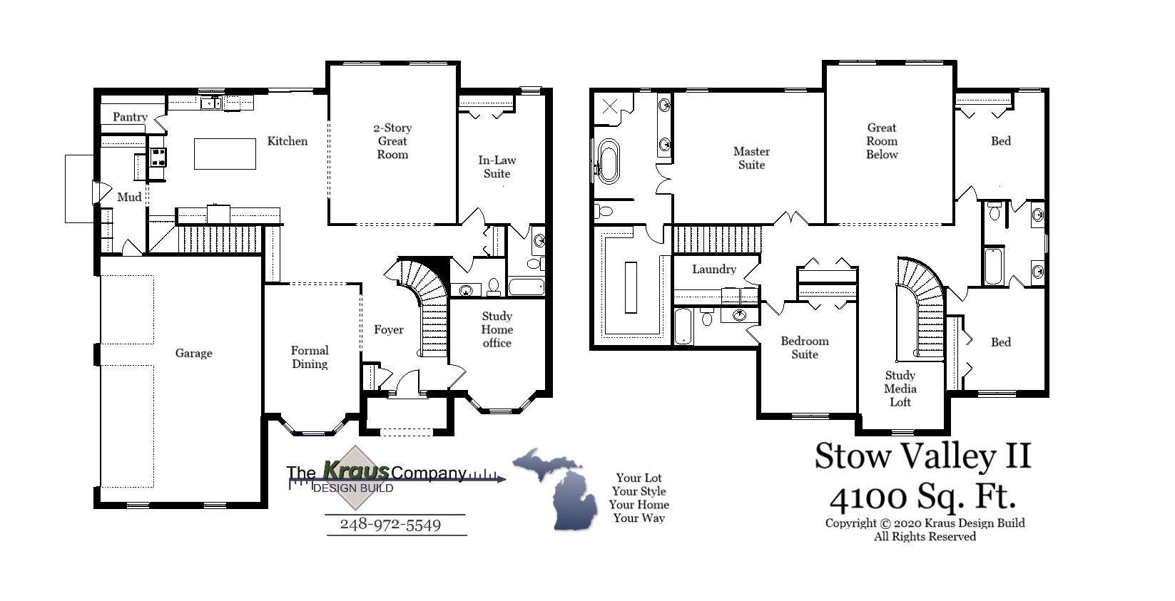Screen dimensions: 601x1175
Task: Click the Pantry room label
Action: coord(130,117)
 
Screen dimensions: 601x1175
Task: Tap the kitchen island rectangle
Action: coord(225,154)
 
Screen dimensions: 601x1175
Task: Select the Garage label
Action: coord(193,353)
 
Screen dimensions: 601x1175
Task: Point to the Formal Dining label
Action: coord(310,357)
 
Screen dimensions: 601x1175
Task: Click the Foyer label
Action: coord(389,329)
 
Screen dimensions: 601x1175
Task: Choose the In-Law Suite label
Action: coord(497,167)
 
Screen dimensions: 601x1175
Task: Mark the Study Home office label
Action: coord(497,329)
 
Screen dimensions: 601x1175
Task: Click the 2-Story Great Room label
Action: coord(392,141)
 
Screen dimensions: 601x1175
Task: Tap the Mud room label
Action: coord(129,197)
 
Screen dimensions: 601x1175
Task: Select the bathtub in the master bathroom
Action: coord(609,162)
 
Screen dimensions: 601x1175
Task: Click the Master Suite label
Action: coord(751,158)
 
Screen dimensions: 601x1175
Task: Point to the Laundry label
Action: coord(713,269)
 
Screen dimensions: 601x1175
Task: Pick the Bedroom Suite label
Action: coord(804,347)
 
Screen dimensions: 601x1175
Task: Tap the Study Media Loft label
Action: coord(900,389)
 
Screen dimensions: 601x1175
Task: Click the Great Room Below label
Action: coord(882,141)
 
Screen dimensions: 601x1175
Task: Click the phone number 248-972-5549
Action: coord(390,525)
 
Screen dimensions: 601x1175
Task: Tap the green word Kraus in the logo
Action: coord(356,470)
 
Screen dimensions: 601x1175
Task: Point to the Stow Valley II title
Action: coord(922,456)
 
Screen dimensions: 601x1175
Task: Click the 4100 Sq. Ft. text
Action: coord(923,497)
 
